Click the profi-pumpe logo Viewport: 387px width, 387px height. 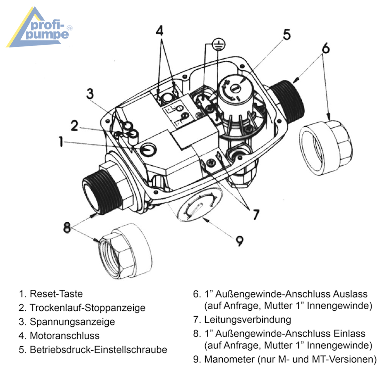tap(40, 28)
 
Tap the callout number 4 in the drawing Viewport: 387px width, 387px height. tap(160, 31)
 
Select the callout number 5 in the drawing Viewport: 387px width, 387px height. tap(287, 35)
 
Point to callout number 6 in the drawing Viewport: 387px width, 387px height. tap(326, 48)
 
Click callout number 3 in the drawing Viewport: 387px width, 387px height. tap(90, 93)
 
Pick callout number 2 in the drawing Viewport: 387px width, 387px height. tap(74, 126)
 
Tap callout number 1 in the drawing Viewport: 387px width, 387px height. tap(61, 142)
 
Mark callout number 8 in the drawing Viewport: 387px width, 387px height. tap(67, 227)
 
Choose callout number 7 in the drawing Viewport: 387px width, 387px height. tap(256, 214)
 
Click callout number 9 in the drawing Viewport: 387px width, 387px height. tap(240, 241)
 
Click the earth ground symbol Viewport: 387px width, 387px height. tap(219, 44)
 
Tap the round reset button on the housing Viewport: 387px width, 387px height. tap(148, 149)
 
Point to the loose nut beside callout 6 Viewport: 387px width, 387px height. tap(326, 147)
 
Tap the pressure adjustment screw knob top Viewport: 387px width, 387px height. tap(235, 89)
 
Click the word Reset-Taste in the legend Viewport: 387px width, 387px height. tap(56, 294)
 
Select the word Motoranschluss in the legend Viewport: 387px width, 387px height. tap(64, 336)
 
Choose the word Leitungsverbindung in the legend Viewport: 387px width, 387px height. tap(248, 320)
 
